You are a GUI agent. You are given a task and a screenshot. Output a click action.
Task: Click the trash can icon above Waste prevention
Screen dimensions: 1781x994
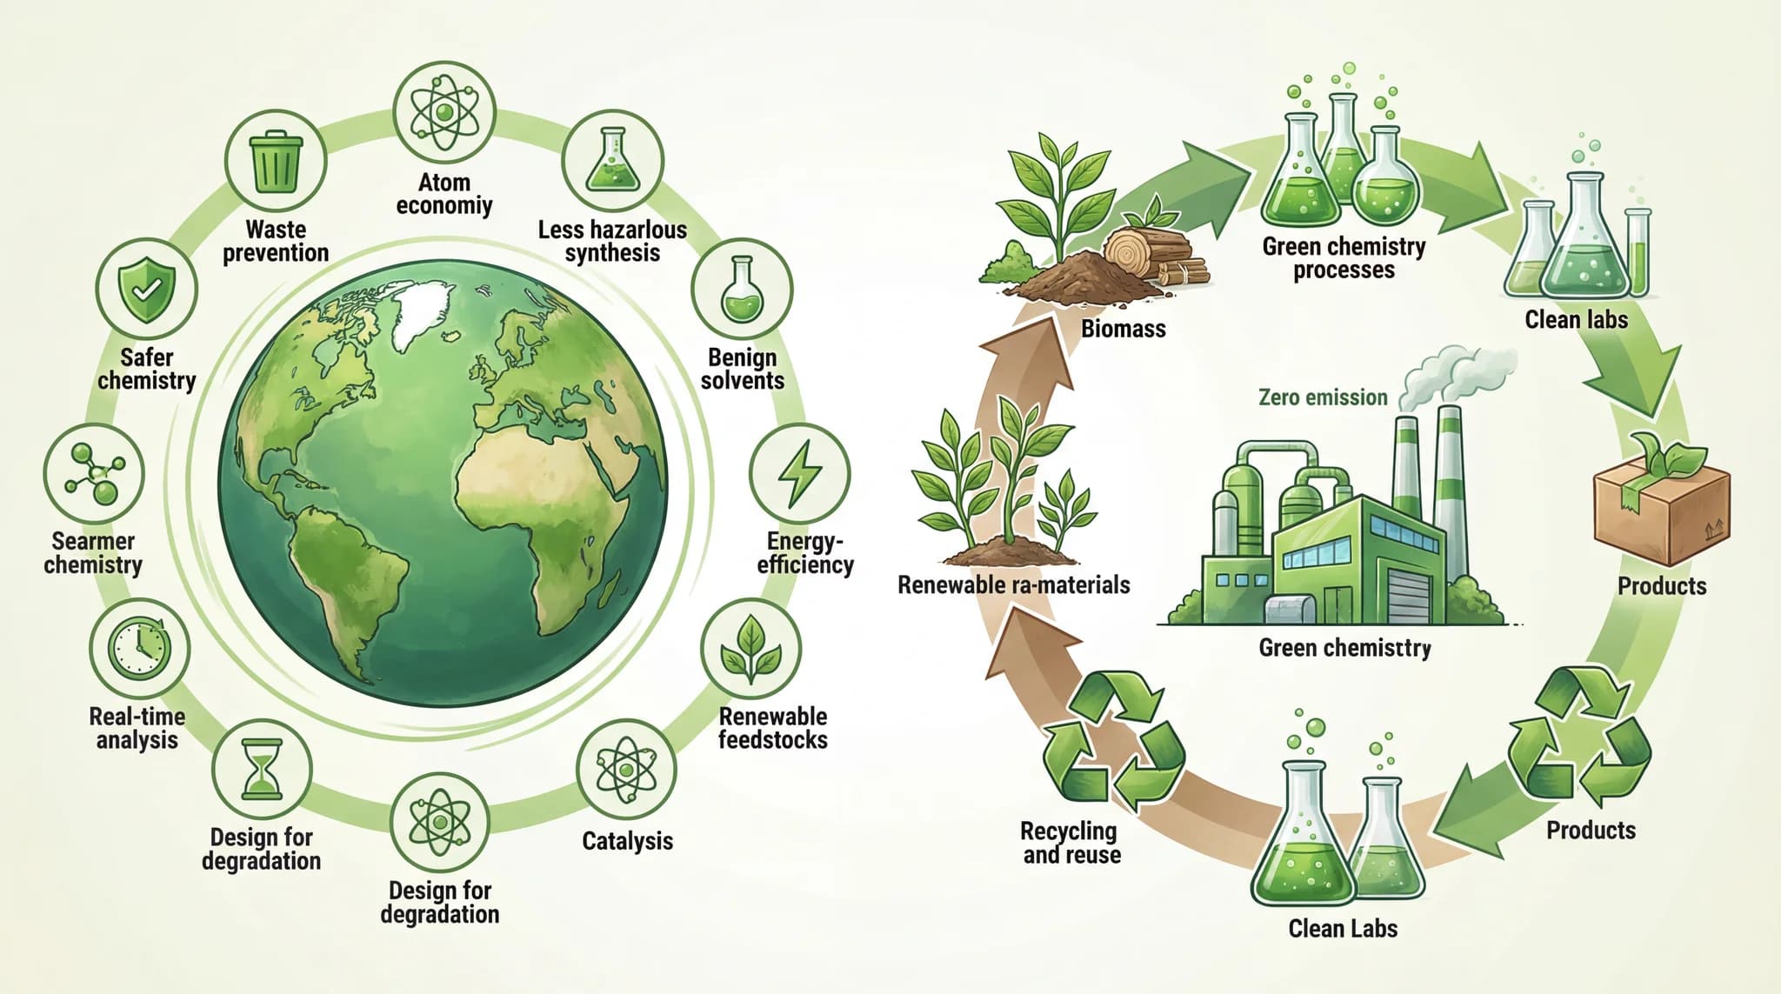click(276, 162)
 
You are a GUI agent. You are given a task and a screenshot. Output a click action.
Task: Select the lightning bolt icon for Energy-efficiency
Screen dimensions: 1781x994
click(799, 474)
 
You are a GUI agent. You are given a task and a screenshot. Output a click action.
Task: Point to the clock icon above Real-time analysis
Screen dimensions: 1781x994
click(139, 649)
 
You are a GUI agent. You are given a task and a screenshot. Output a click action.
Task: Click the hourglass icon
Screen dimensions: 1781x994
click(262, 769)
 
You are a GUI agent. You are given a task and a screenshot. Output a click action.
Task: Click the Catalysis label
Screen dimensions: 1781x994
click(627, 841)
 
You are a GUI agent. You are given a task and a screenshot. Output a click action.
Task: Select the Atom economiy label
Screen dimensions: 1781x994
click(444, 194)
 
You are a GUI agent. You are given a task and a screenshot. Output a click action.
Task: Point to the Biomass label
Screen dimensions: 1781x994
click(1123, 329)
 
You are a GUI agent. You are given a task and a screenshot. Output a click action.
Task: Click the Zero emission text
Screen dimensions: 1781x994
click(1323, 397)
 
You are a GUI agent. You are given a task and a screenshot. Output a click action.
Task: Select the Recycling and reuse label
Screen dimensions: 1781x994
click(1071, 843)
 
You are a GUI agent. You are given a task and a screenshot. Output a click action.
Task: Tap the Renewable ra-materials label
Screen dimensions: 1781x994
click(1013, 584)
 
